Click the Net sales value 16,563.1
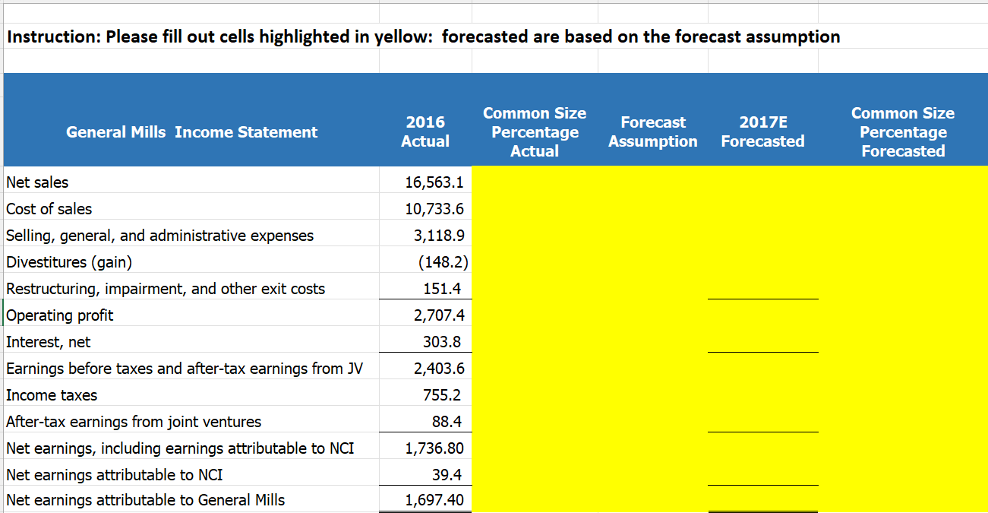(434, 182)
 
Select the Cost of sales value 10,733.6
(434, 209)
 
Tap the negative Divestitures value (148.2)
(442, 262)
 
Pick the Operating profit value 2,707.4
(439, 315)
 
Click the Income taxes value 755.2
(442, 395)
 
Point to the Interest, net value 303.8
(442, 342)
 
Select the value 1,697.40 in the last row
(434, 500)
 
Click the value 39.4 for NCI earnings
(447, 475)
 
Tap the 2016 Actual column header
(425, 131)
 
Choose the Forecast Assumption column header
(652, 131)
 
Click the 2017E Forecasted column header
(762, 131)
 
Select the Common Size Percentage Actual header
(535, 131)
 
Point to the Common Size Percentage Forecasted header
(903, 131)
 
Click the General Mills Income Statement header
(191, 132)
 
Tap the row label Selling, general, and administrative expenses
(159, 236)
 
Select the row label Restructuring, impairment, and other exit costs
(166, 289)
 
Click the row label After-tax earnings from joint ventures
(134, 422)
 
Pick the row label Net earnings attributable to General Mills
(146, 500)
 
